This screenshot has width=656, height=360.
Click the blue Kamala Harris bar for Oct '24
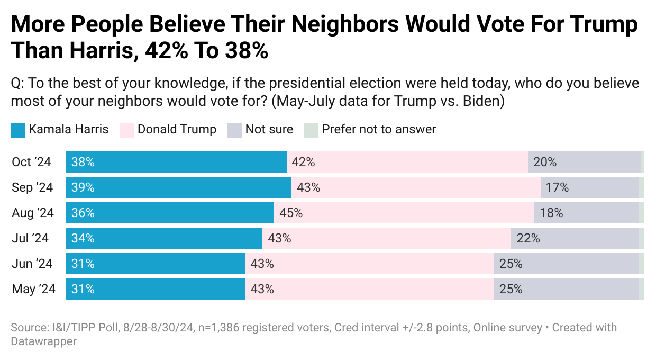pyautogui.click(x=176, y=162)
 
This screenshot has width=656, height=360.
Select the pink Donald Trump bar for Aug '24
pyautogui.click(x=404, y=213)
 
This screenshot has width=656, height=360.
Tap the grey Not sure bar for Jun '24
pyautogui.click(x=566, y=264)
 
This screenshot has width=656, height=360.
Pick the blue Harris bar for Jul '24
pyautogui.click(x=164, y=238)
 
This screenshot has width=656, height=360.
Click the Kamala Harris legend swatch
pyautogui.click(x=18, y=130)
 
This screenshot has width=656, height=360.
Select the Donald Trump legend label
pyautogui.click(x=177, y=129)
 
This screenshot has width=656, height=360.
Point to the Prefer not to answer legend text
pyautogui.click(x=379, y=129)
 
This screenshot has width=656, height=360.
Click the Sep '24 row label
pyautogui.click(x=33, y=187)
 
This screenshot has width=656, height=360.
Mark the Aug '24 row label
pyautogui.click(x=33, y=213)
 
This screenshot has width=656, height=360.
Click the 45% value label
pyautogui.click(x=291, y=213)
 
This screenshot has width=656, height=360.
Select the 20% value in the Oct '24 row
pyautogui.click(x=545, y=162)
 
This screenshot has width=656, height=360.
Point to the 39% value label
pyautogui.click(x=83, y=187)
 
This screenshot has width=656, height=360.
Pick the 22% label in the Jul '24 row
pyautogui.click(x=528, y=238)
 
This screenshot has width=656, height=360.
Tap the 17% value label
pyautogui.click(x=558, y=187)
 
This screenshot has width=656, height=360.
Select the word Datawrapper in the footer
pyautogui.click(x=43, y=341)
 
